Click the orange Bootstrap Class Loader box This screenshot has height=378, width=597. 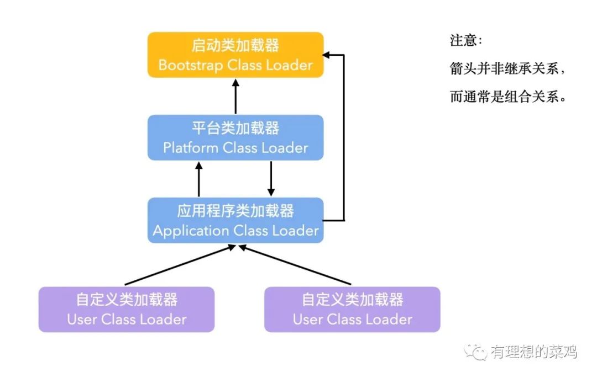[x=235, y=55]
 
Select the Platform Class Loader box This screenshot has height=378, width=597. [x=235, y=137]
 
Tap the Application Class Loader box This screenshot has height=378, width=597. [x=235, y=220]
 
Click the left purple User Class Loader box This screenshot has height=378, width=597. [x=127, y=309]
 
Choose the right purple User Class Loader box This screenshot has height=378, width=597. [x=352, y=309]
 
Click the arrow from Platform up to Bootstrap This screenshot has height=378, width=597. [x=235, y=97]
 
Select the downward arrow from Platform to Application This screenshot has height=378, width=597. [x=271, y=179]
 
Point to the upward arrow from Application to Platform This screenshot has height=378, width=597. [x=199, y=179]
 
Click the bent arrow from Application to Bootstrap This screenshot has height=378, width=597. [x=344, y=137]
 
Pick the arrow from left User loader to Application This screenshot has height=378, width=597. [x=180, y=265]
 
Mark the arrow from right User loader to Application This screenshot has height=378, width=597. [x=295, y=265]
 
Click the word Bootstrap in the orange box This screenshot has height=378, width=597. [x=190, y=65]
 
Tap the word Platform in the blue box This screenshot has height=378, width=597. [x=190, y=148]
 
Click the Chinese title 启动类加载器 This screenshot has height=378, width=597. [x=235, y=45]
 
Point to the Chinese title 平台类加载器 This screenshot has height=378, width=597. [x=235, y=128]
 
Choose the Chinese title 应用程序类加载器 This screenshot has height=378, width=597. [x=235, y=211]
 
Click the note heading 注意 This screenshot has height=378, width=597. [x=463, y=40]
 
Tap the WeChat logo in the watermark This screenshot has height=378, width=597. [x=475, y=352]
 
